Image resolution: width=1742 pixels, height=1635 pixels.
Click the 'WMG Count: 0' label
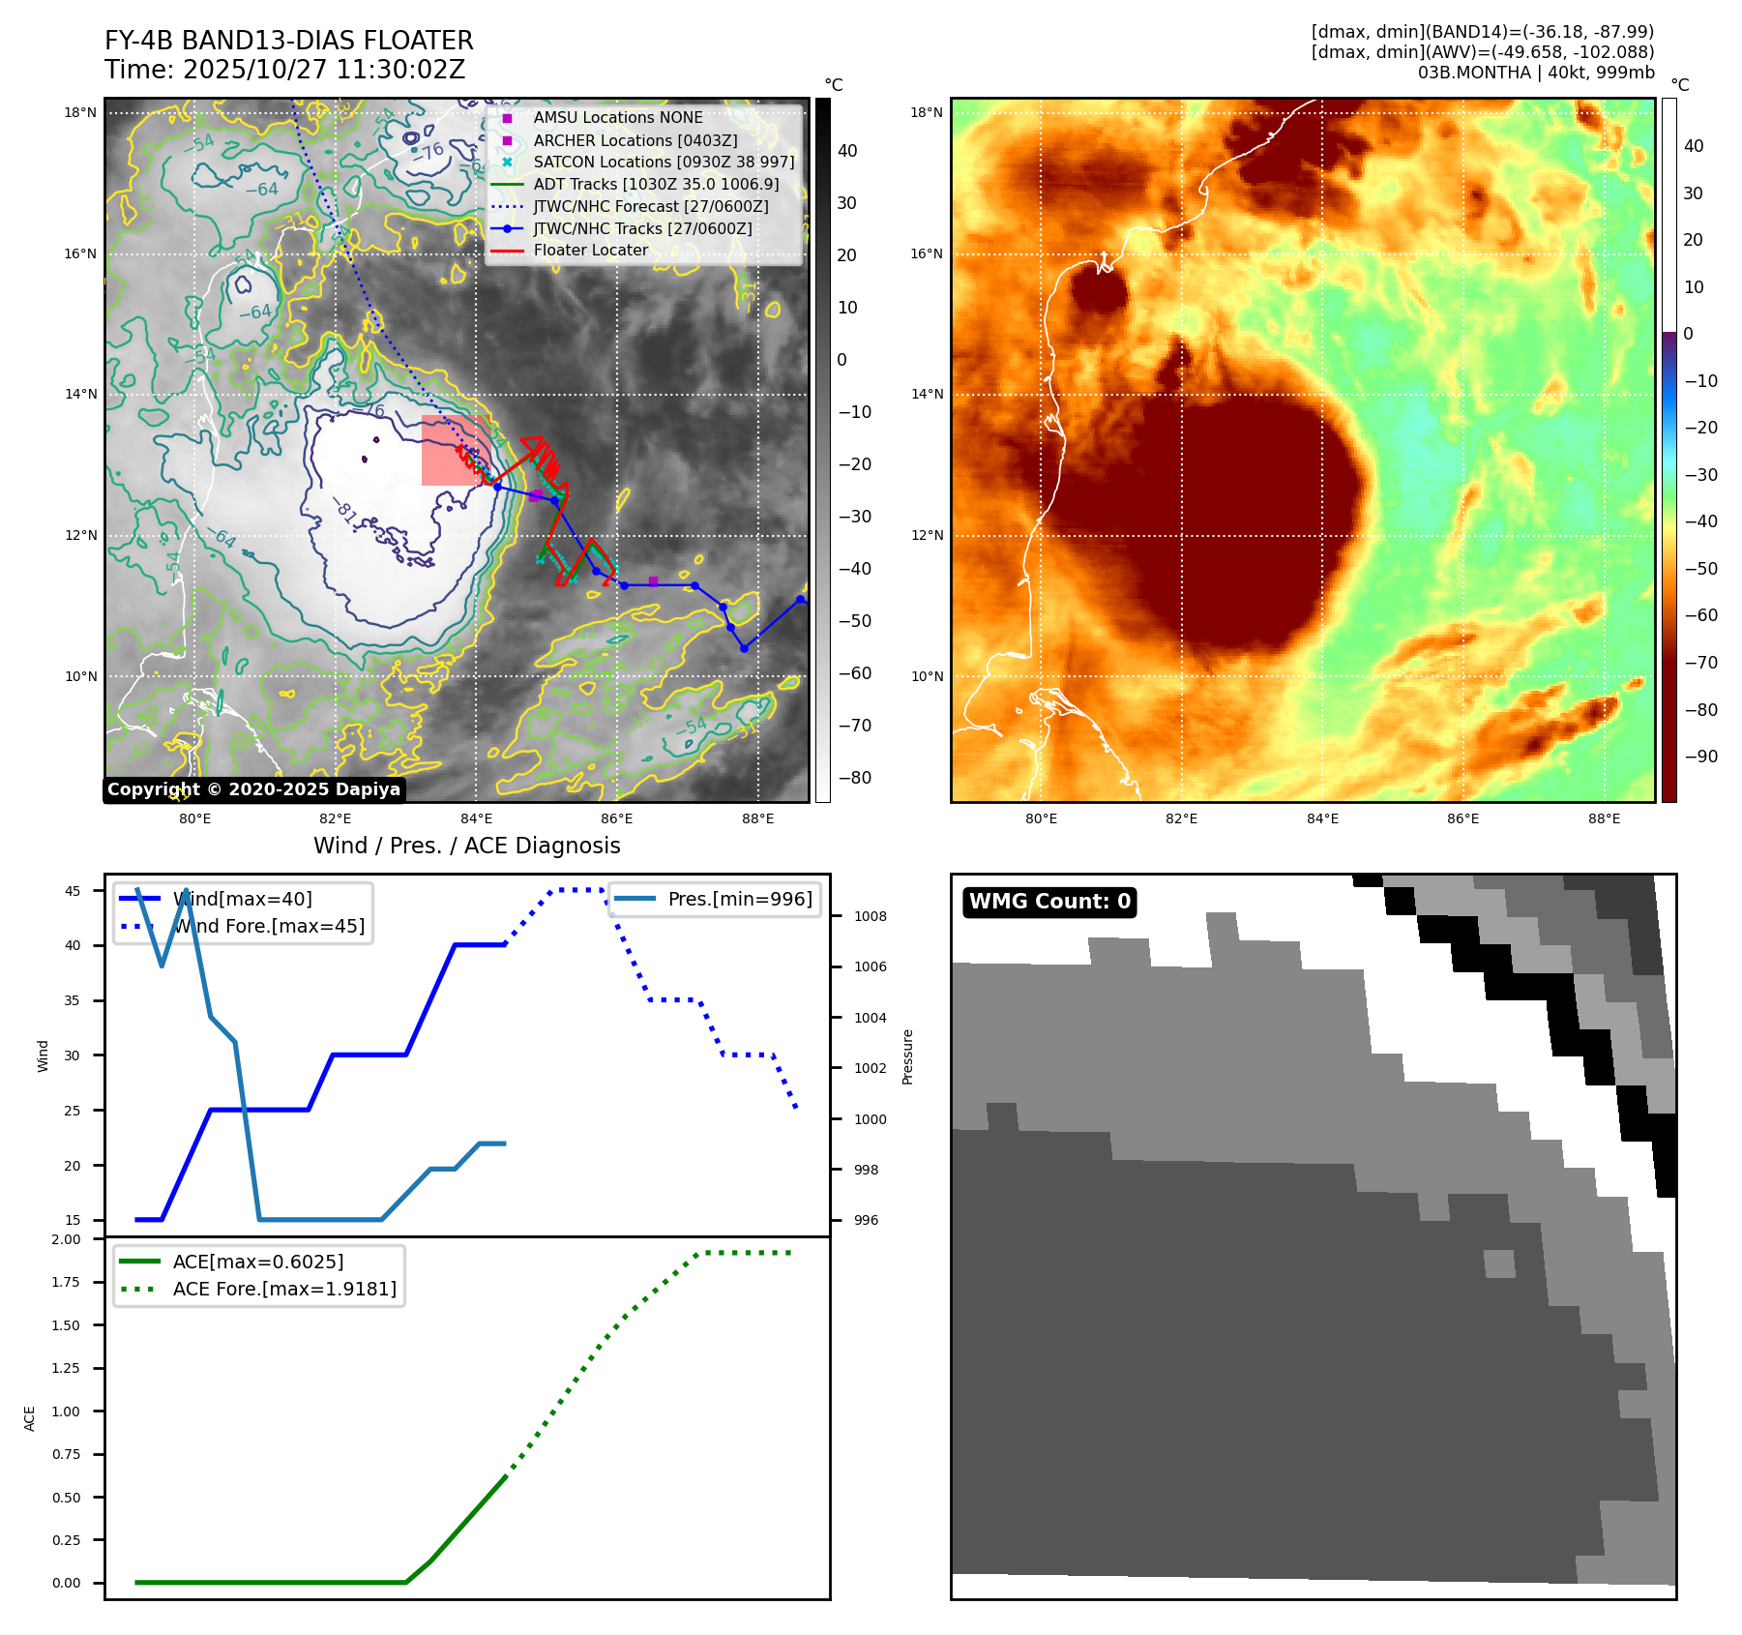tap(1049, 902)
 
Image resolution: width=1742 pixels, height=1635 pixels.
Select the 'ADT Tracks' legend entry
tap(656, 184)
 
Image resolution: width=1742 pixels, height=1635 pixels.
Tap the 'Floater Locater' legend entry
tap(590, 250)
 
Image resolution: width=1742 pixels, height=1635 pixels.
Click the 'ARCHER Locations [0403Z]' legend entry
tap(635, 140)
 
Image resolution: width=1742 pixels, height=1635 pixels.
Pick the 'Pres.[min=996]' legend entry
tap(740, 899)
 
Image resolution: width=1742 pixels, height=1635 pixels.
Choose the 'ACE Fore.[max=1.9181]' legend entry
tap(284, 1289)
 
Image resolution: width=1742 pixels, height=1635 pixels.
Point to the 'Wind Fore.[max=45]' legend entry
tap(269, 926)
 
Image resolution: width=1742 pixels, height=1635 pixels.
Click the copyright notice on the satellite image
tap(253, 789)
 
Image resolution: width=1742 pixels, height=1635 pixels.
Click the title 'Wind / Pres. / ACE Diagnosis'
tap(466, 846)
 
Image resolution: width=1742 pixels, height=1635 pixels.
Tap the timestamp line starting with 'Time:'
tap(285, 70)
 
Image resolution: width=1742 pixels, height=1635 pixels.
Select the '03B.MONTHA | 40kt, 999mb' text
tap(1536, 73)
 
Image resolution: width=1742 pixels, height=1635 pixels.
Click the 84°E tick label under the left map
tap(476, 818)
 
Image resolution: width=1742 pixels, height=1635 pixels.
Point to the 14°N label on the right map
tap(926, 394)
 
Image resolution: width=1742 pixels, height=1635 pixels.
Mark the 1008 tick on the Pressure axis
tap(870, 916)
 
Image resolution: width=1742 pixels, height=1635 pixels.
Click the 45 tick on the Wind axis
tap(73, 891)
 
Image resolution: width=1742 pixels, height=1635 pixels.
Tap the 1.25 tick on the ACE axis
tap(66, 1368)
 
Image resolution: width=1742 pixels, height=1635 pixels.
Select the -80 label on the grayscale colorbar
tap(854, 777)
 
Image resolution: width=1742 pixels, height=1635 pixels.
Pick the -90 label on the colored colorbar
tap(1700, 757)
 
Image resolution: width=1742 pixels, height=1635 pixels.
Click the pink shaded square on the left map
tap(453, 451)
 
